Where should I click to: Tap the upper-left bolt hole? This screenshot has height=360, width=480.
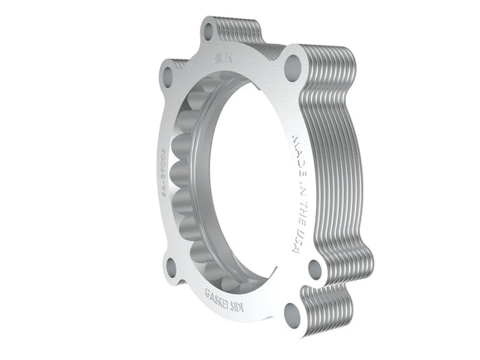coord(168,77)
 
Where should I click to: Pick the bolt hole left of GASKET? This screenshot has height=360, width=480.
coord(170,266)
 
